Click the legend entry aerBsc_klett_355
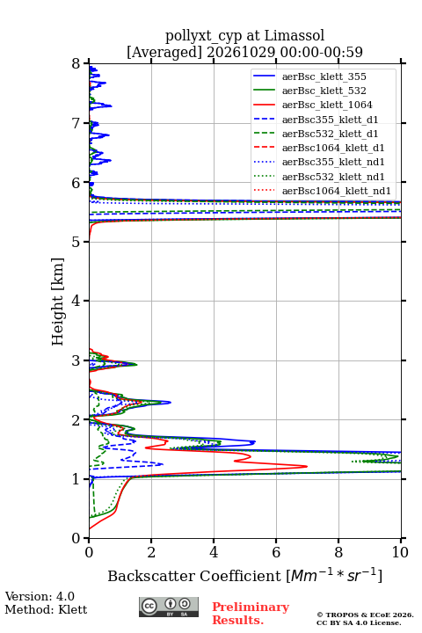pos(324,76)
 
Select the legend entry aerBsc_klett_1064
pos(327,105)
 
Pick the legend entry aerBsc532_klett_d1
pos(330,134)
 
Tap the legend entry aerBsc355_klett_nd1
pos(333,162)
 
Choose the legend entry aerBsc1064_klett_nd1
pos(337,191)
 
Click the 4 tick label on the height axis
pos(76,301)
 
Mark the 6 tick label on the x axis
pos(276,552)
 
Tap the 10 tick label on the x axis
pos(400,552)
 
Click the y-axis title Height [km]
pos(57,302)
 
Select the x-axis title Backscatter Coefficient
pos(194,576)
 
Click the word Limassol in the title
pos(294,35)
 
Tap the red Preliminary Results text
pos(251,614)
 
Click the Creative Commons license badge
pos(169,607)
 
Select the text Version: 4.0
pos(40,596)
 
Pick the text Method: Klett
pos(46,609)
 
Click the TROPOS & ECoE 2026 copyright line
pos(365,615)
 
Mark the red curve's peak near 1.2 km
pos(307,466)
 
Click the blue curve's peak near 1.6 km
pos(255,442)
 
